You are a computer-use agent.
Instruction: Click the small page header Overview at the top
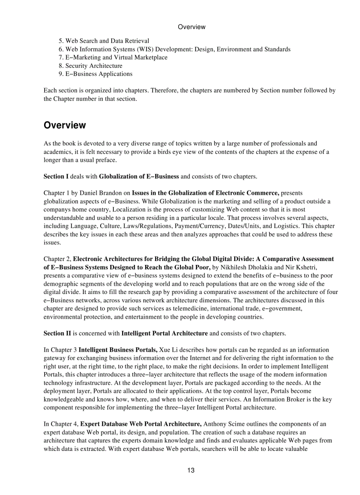pos(191,27)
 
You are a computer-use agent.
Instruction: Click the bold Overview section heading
pos(64,125)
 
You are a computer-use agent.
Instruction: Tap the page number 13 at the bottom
pos(191,470)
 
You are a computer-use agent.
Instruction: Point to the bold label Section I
pos(56,177)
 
